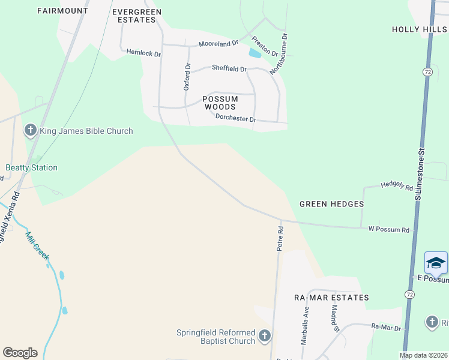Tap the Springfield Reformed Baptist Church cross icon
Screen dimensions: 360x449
pyautogui.click(x=265, y=336)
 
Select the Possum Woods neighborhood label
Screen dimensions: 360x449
pyautogui.click(x=218, y=103)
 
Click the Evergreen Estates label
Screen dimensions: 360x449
pyautogui.click(x=134, y=15)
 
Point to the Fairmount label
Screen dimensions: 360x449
pyautogui.click(x=62, y=11)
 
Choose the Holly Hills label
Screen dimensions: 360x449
pyautogui.click(x=419, y=29)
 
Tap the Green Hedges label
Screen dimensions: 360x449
pyautogui.click(x=331, y=204)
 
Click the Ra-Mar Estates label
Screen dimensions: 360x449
pyautogui.click(x=331, y=298)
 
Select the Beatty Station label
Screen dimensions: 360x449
pyautogui.click(x=31, y=167)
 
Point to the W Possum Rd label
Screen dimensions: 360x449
pyautogui.click(x=388, y=229)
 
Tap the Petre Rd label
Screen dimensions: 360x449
pyautogui.click(x=280, y=238)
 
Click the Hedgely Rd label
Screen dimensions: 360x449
pyautogui.click(x=397, y=187)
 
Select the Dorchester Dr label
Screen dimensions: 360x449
pyautogui.click(x=235, y=119)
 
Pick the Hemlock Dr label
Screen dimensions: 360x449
pyautogui.click(x=143, y=53)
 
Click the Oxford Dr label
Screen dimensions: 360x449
pyautogui.click(x=187, y=76)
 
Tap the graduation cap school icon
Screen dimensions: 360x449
pyautogui.click(x=436, y=263)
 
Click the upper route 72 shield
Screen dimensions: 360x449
pyautogui.click(x=427, y=71)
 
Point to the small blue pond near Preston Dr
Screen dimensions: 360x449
pyautogui.click(x=255, y=53)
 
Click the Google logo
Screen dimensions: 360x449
pyautogui.click(x=20, y=353)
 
